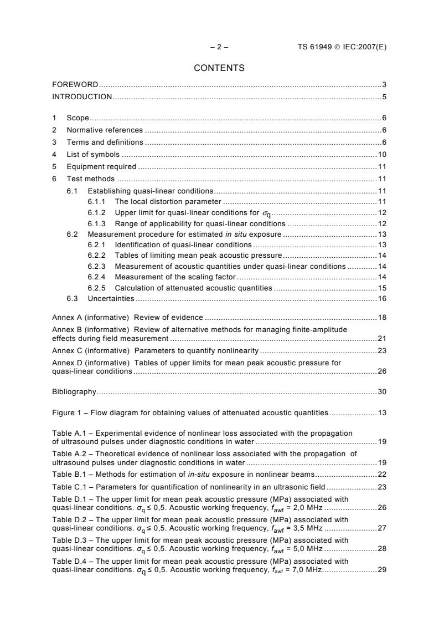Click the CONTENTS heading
click(x=219, y=68)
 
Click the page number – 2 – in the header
click(x=219, y=47)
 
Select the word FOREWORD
click(x=75, y=85)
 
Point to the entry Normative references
click(x=105, y=130)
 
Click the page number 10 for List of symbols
click(x=382, y=154)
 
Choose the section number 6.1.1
click(x=99, y=202)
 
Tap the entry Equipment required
click(x=102, y=166)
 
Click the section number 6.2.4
click(x=99, y=276)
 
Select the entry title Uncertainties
click(x=111, y=299)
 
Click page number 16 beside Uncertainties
click(x=382, y=299)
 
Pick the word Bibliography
click(x=74, y=392)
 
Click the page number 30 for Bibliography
click(x=382, y=392)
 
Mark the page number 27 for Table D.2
click(x=382, y=528)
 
